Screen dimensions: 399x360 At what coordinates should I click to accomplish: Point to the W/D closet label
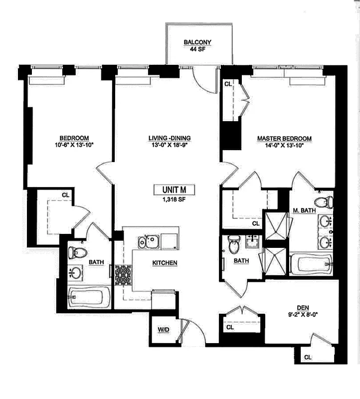163,329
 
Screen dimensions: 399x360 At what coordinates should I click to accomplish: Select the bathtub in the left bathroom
89,298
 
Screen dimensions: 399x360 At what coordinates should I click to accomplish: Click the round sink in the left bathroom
77,272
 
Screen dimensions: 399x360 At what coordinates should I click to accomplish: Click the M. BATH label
304,211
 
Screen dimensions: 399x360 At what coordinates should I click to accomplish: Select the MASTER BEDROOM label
284,138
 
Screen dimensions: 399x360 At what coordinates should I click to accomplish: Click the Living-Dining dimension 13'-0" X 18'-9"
170,146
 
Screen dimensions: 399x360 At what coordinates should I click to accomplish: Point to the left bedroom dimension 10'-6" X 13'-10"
74,146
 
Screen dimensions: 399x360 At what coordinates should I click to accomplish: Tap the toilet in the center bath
233,244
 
